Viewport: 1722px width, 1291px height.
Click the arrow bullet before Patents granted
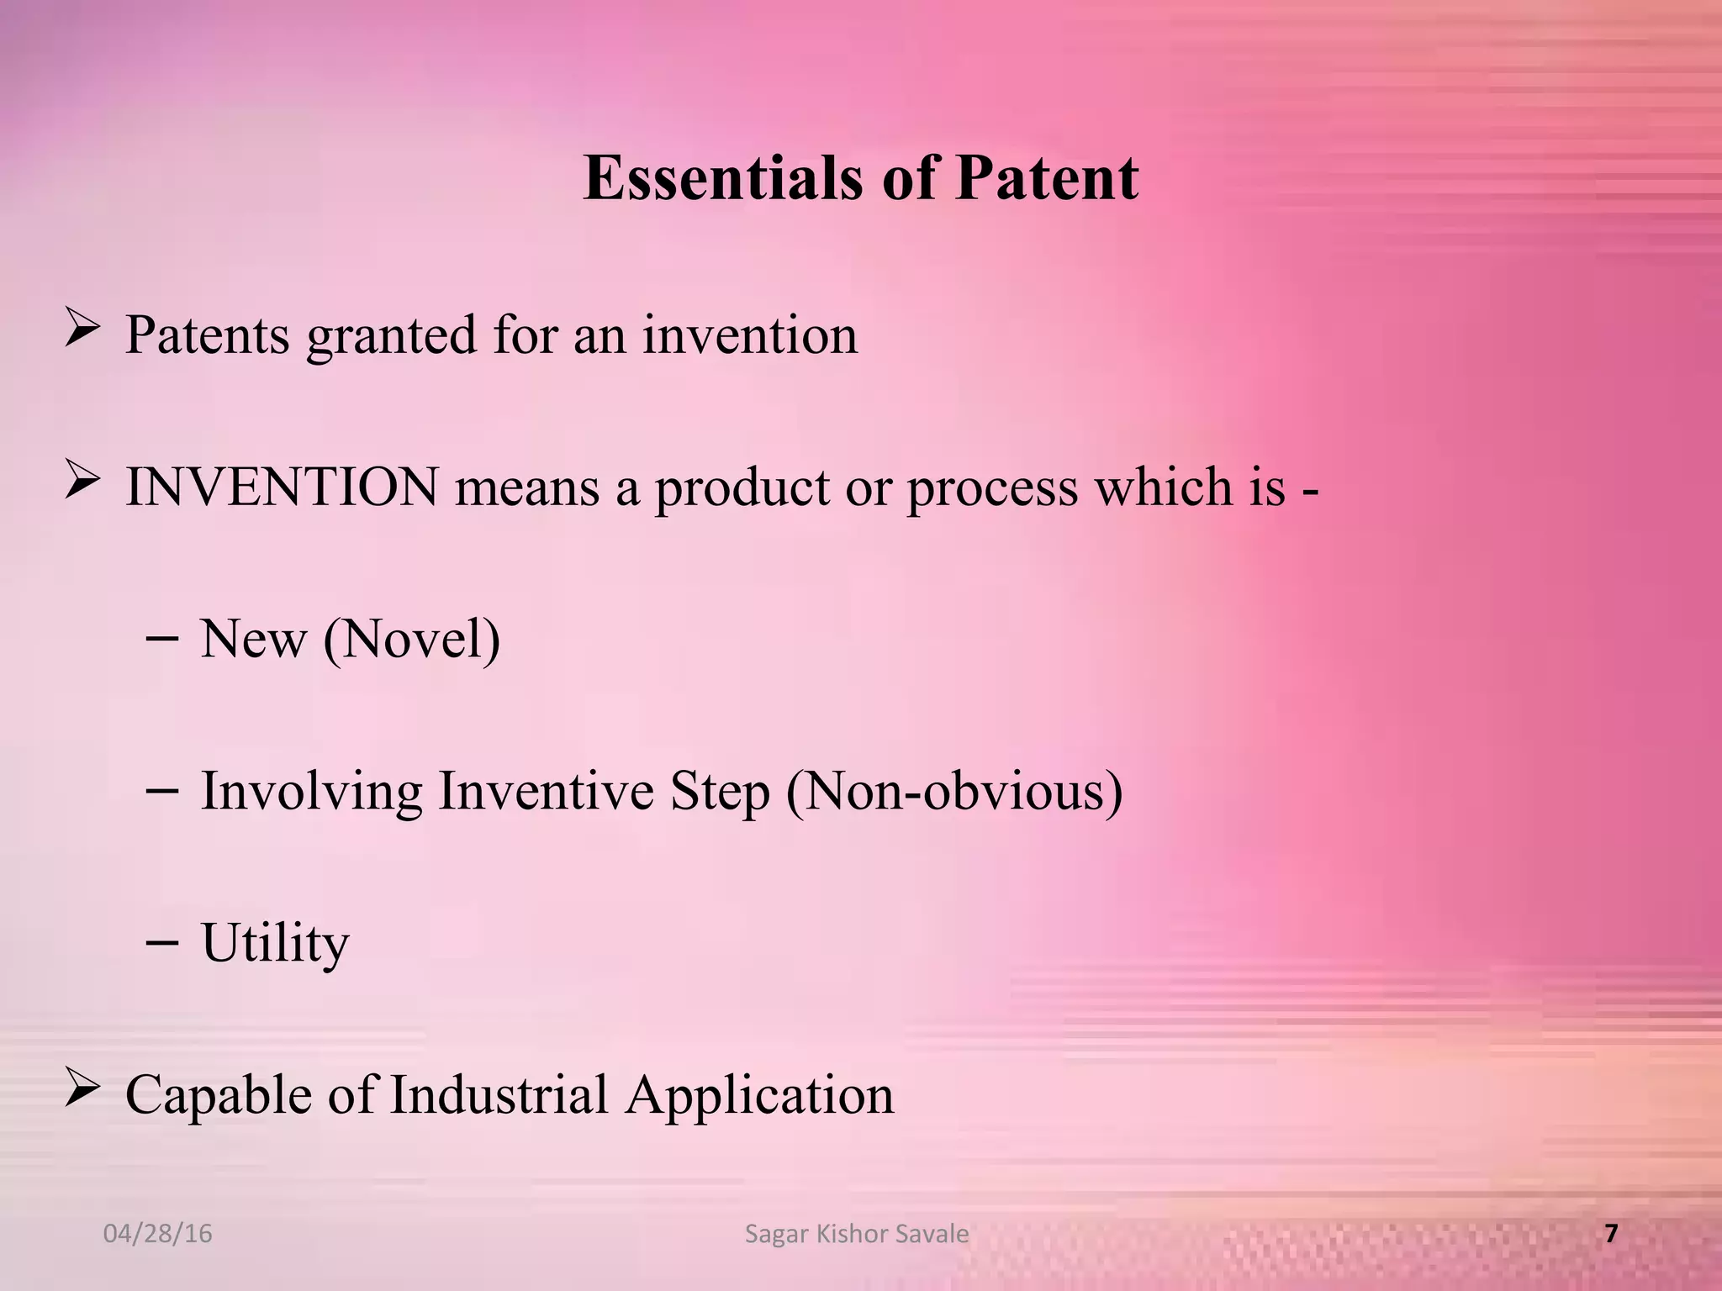coord(82,328)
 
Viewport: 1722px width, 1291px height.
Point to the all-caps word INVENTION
coord(282,487)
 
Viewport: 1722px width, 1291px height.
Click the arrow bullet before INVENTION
coord(82,481)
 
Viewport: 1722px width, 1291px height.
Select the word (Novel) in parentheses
coord(412,640)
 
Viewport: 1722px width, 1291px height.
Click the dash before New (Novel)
coord(161,639)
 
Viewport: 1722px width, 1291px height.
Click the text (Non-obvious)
coord(954,792)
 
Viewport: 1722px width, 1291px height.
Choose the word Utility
coord(275,944)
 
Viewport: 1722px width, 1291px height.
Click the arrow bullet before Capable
coord(82,1088)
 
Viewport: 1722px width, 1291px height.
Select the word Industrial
coord(499,1095)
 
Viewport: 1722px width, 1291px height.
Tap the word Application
coord(759,1097)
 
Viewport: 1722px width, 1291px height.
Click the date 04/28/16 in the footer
coord(157,1234)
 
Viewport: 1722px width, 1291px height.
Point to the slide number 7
coord(1611,1234)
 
